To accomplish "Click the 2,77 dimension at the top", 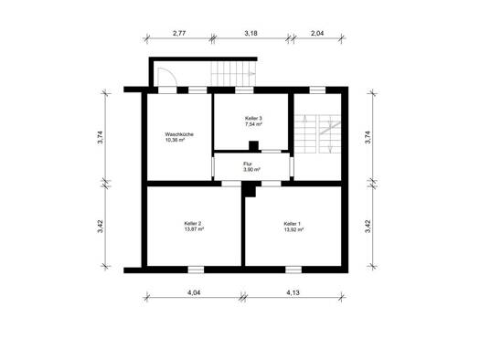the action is click(179, 33).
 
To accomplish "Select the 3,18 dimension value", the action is click(251, 33).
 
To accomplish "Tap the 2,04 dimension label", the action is click(317, 33).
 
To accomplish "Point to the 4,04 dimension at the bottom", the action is click(194, 292).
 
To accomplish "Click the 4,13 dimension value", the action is click(293, 292).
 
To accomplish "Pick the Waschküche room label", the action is click(179, 134).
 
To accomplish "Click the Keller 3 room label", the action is click(253, 118).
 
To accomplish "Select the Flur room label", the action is click(248, 164).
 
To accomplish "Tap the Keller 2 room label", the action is click(193, 223).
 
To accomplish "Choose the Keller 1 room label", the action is click(293, 223).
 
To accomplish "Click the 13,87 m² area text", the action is click(194, 228).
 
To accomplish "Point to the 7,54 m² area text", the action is click(253, 124).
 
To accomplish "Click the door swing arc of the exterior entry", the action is click(172, 73).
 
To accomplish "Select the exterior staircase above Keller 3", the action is click(233, 74).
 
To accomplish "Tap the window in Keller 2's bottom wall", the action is click(196, 270).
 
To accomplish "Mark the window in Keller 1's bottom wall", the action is click(293, 270).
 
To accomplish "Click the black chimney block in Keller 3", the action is click(254, 146).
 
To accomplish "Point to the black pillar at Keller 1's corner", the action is click(250, 190).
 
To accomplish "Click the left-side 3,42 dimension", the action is click(101, 227).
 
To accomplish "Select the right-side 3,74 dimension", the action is click(368, 137).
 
